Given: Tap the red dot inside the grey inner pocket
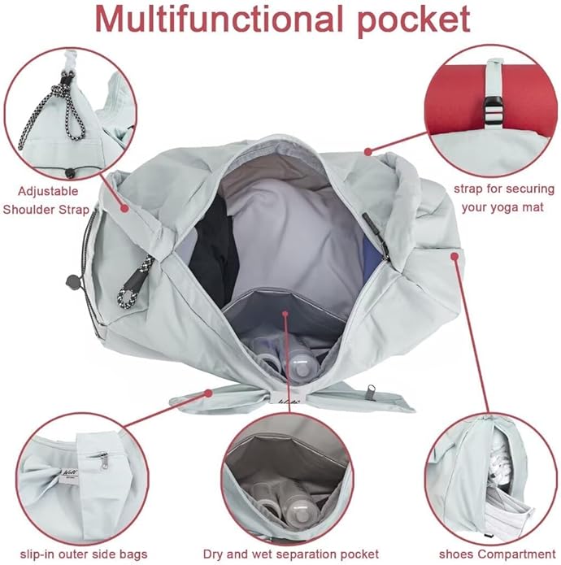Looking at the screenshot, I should click(285, 311).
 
